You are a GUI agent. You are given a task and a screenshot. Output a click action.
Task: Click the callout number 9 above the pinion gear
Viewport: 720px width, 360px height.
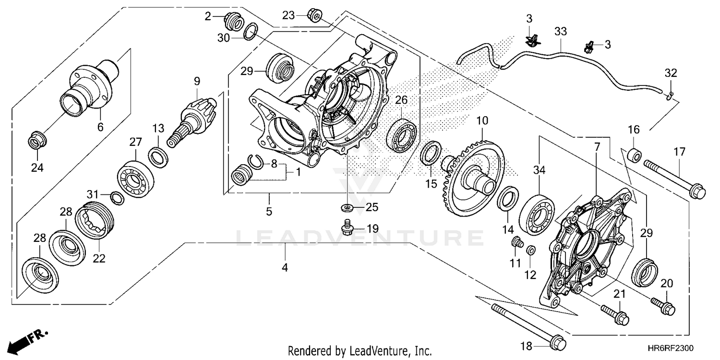tap(197, 81)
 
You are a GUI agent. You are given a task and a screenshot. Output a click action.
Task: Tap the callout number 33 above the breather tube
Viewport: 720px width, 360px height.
tap(560, 32)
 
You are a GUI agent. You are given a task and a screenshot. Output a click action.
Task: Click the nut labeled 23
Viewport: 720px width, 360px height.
tap(315, 16)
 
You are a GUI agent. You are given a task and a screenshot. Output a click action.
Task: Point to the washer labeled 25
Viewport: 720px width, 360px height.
tap(347, 208)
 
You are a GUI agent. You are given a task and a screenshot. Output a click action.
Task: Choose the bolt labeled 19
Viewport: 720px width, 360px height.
tap(347, 228)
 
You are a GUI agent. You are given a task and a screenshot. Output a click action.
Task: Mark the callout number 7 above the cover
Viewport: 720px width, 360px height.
tap(597, 147)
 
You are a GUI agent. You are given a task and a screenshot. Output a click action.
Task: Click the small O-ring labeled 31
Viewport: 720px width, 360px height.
tap(116, 197)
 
